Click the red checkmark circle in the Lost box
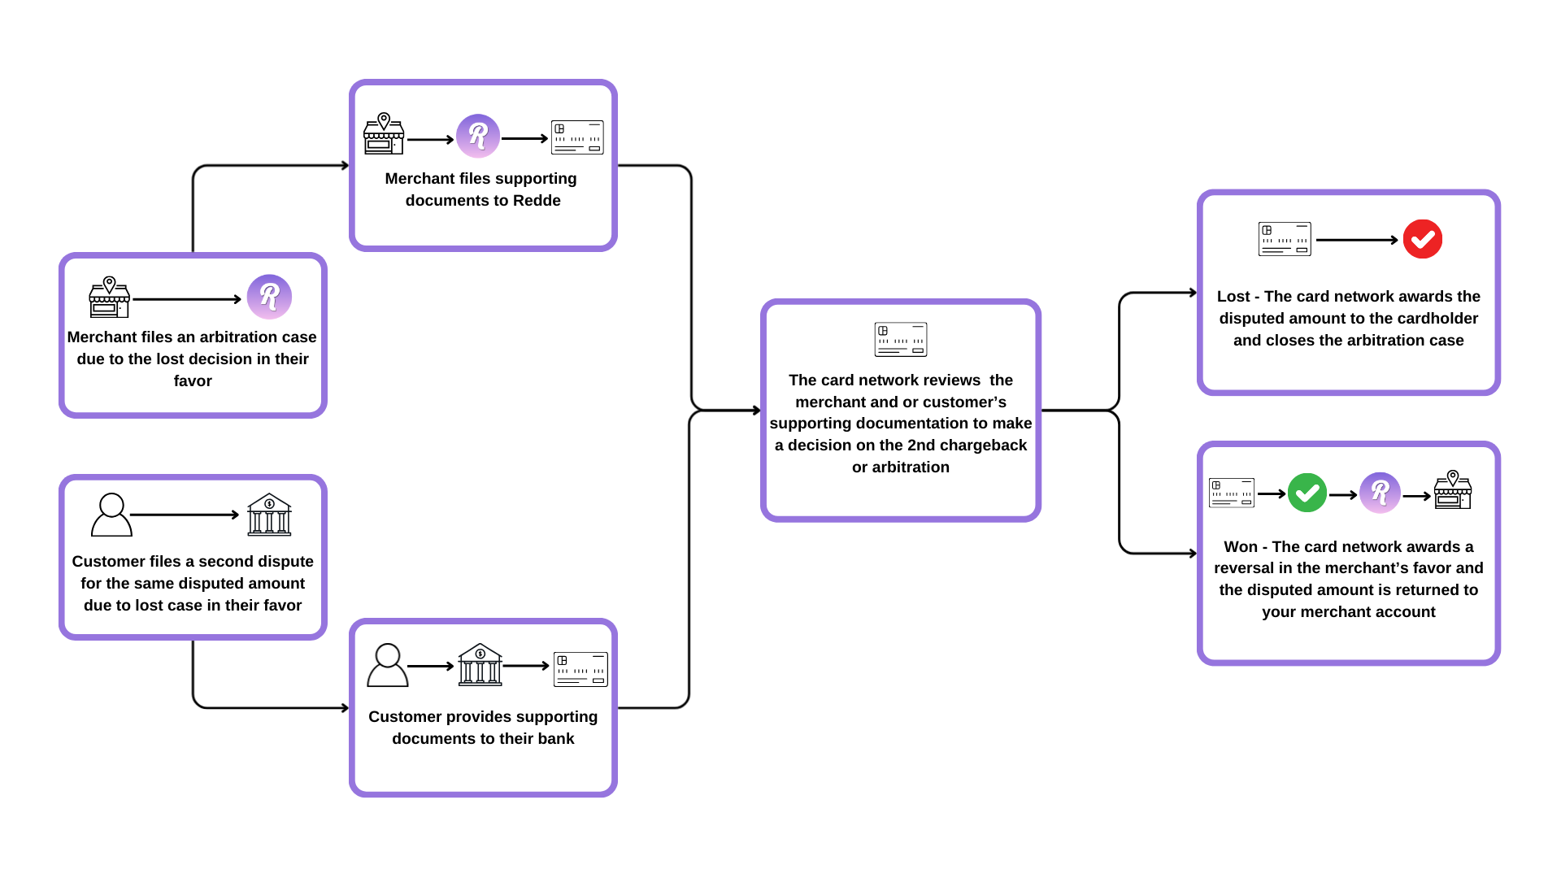(x=1422, y=239)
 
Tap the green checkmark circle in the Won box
(x=1307, y=493)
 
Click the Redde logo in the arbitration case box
(x=269, y=297)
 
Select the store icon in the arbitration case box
(x=109, y=298)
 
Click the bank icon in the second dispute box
(x=269, y=515)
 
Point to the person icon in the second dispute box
(x=111, y=515)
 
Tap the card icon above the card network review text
(x=900, y=340)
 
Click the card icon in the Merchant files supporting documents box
(x=577, y=137)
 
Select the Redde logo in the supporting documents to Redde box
(x=478, y=136)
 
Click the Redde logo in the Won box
(x=1380, y=493)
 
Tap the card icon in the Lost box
(x=1285, y=239)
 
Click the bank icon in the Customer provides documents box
(x=480, y=665)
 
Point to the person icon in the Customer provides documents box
(x=388, y=666)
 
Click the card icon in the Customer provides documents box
(x=580, y=669)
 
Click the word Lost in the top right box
(x=1233, y=297)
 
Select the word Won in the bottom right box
(x=1241, y=547)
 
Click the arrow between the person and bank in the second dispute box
(x=185, y=515)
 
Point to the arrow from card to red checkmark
(x=1356, y=240)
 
